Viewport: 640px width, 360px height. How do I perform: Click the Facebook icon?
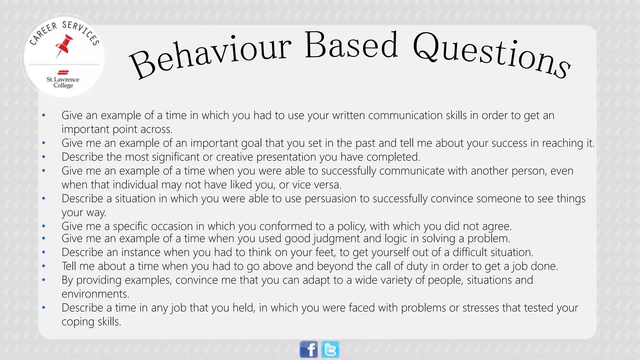coord(309,349)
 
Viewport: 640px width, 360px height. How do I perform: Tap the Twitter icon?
coord(330,349)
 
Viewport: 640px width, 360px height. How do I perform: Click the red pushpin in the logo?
coord(64,46)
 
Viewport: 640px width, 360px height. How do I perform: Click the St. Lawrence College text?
coord(63,82)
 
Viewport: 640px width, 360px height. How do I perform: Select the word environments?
coord(95,294)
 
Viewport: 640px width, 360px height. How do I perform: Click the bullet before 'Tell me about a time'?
coord(44,266)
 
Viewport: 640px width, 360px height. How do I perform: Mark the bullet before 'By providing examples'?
coord(44,280)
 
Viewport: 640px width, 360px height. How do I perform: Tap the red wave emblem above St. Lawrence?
coord(63,72)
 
